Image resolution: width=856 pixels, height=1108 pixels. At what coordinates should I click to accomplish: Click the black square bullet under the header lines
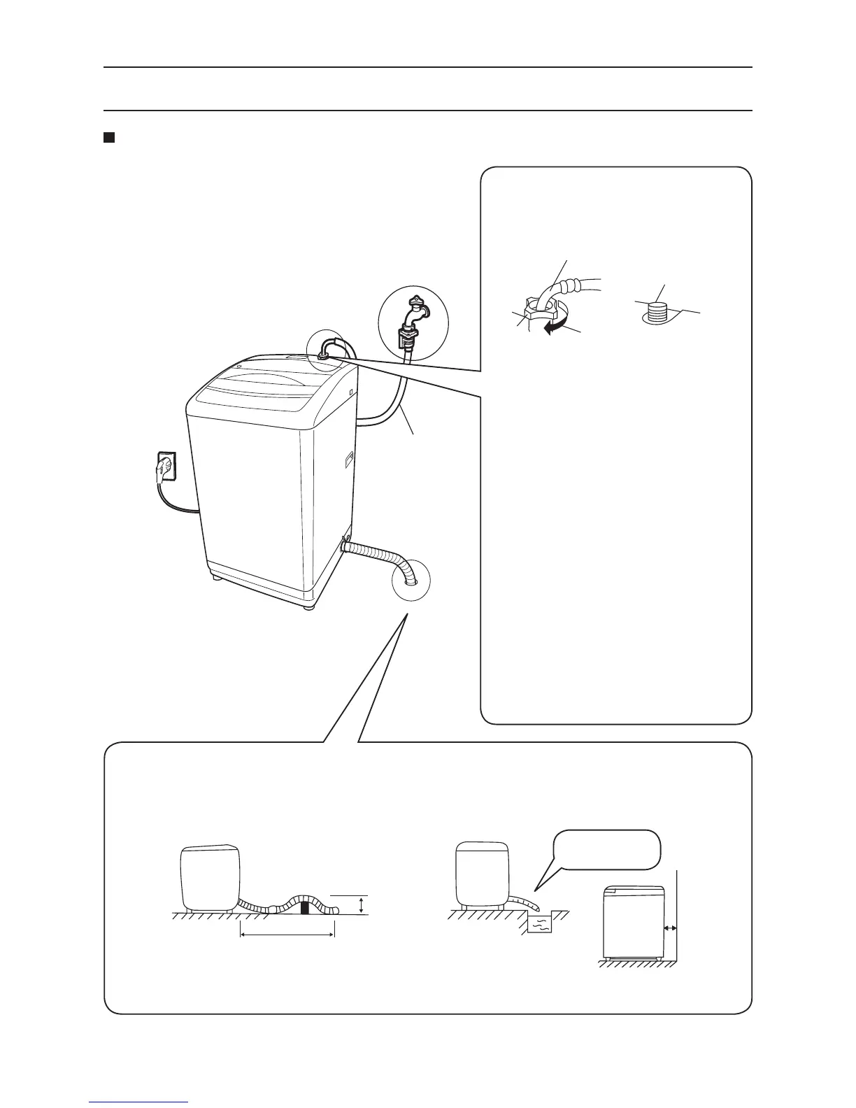(x=108, y=137)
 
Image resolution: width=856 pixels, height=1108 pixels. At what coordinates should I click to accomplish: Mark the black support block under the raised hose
(x=304, y=908)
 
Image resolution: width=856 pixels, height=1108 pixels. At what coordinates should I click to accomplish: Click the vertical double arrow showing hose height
(x=360, y=904)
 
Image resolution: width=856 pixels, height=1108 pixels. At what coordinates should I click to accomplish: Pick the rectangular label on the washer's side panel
(x=348, y=460)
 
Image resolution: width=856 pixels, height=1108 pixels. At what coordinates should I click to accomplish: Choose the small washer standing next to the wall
(x=632, y=922)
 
